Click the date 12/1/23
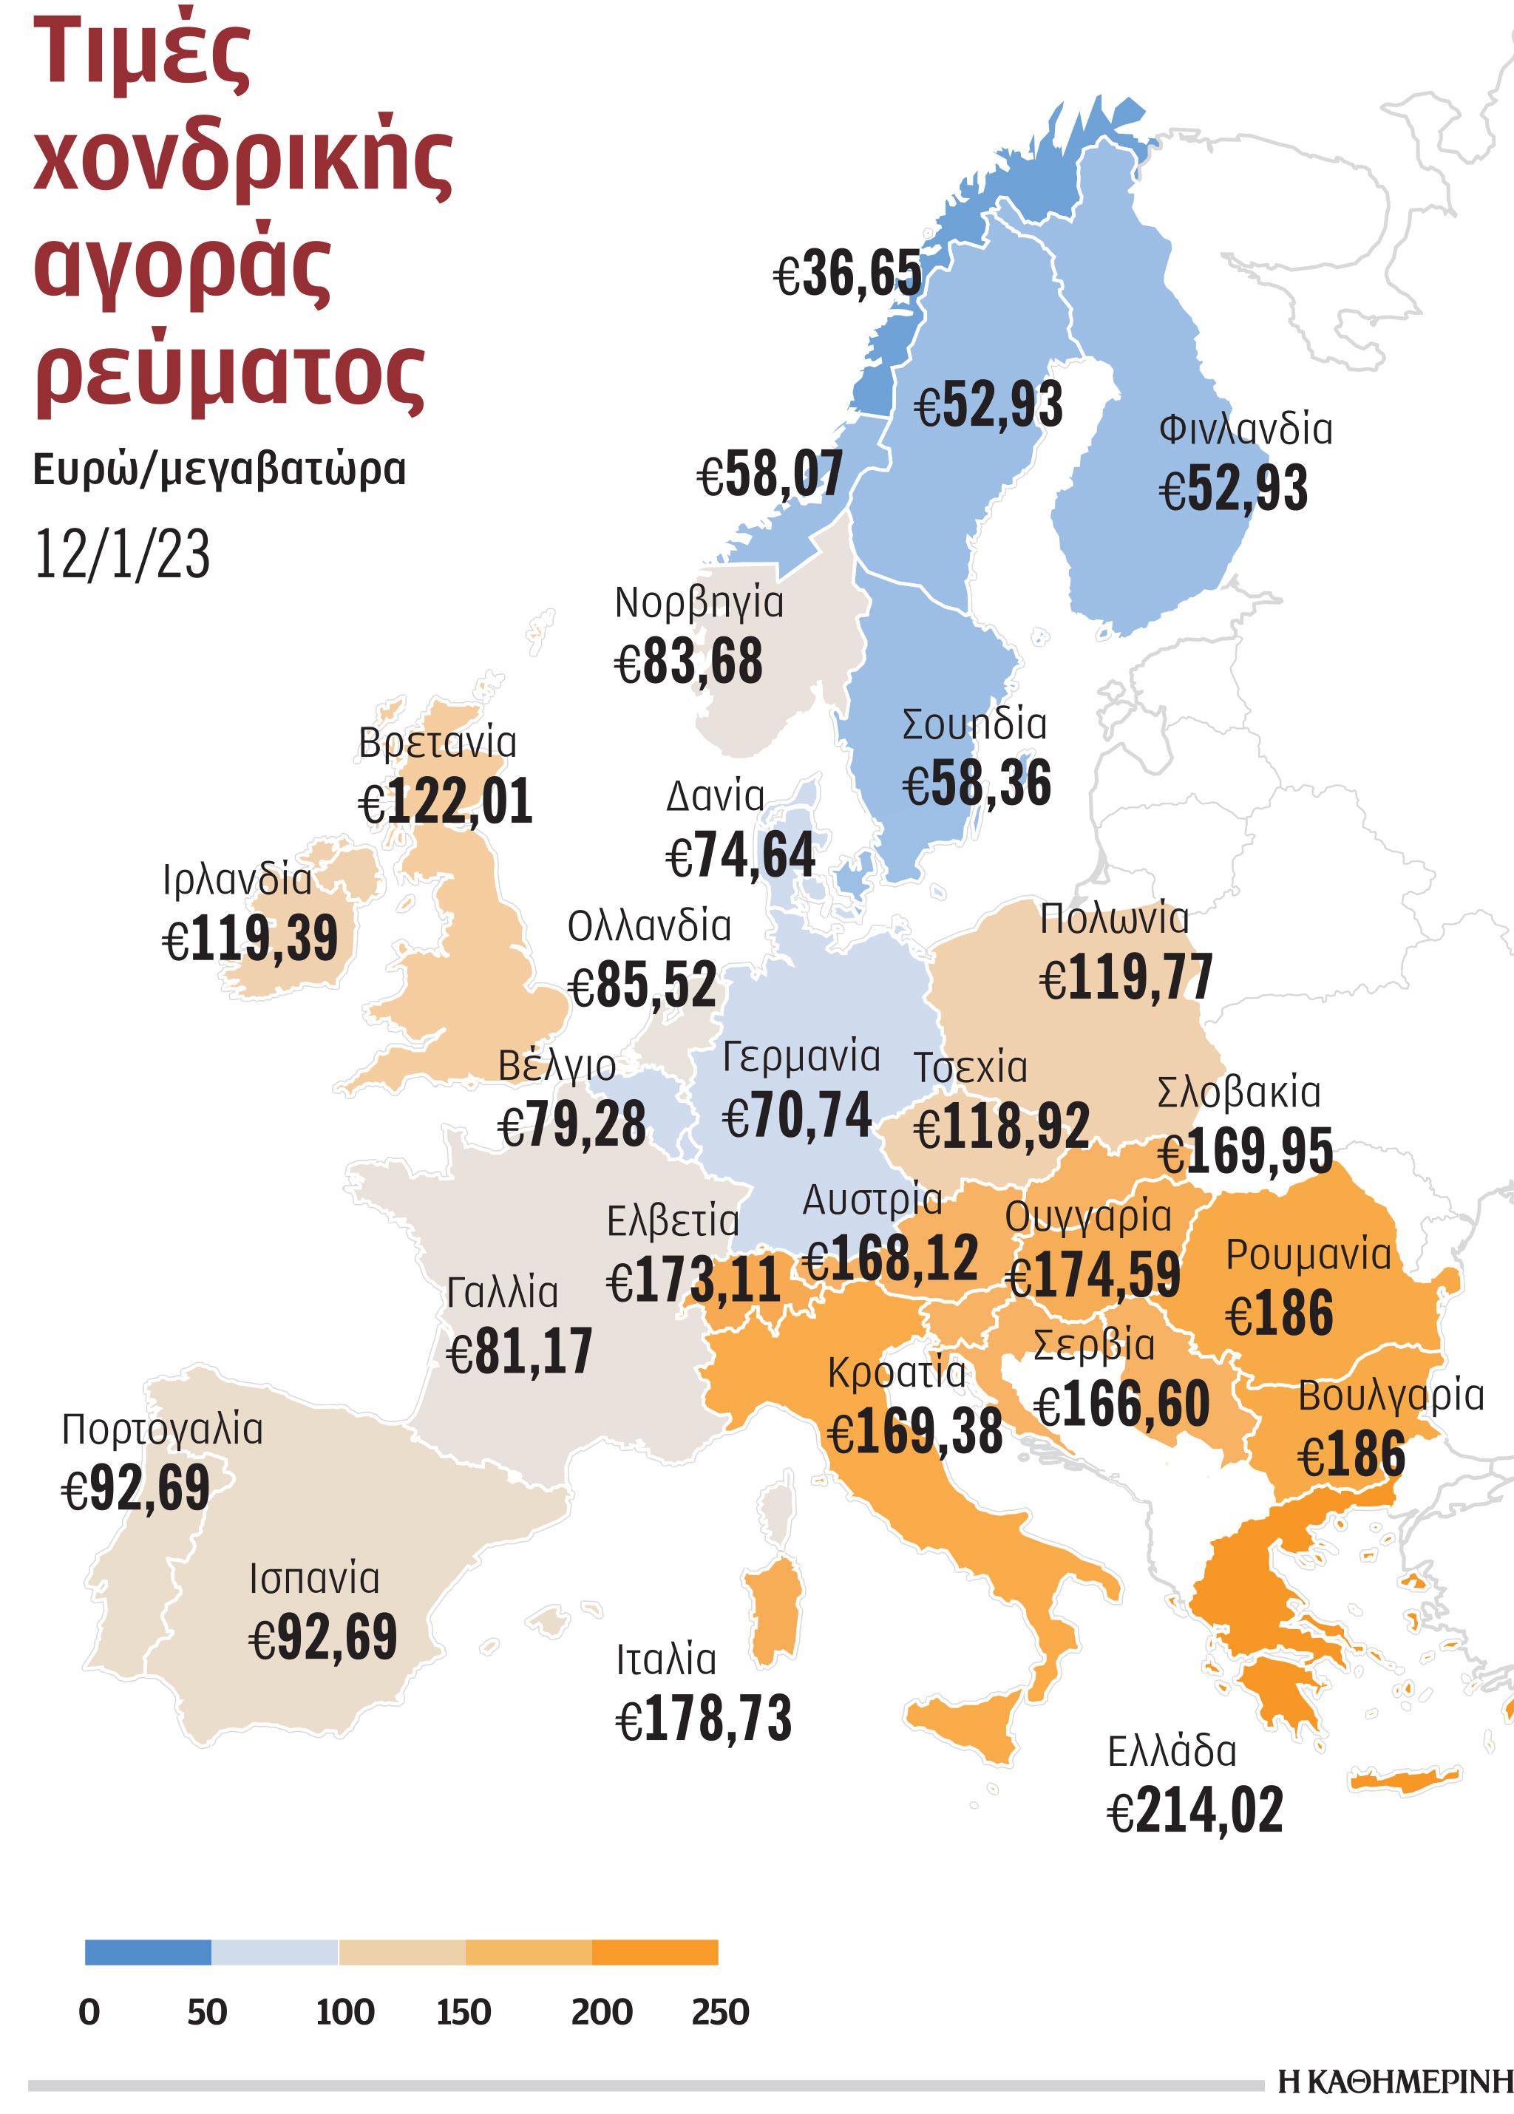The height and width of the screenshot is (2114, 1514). [121, 554]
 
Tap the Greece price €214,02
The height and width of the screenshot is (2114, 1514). [1195, 1811]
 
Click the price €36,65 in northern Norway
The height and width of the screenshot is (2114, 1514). [847, 275]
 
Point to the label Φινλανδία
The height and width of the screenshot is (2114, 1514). [1246, 429]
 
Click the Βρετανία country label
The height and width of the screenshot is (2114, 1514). [437, 743]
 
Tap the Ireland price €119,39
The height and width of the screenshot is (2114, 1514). [250, 939]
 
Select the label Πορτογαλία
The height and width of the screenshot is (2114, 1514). [162, 1430]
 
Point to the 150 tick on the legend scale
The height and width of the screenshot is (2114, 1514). [464, 2013]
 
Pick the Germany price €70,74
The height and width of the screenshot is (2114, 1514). [797, 1115]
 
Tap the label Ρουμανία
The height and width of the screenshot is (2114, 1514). [1308, 1254]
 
